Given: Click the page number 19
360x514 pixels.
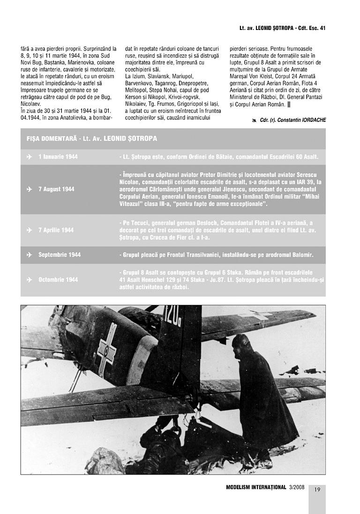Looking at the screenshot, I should coord(317,490).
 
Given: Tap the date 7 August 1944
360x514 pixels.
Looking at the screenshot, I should coord(56,189).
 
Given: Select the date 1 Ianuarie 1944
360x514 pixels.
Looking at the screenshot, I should coord(58,156).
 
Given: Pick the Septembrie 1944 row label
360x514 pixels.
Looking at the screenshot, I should coord(60,255).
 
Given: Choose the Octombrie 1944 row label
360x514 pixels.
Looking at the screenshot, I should coord(58,280).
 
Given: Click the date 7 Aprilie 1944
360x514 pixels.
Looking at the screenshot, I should coord(56,230).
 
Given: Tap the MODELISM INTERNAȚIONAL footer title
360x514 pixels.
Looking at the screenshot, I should coord(256,487).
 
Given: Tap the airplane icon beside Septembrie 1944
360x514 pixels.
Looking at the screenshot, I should coord(29,255).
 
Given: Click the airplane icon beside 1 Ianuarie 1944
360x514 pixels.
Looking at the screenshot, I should coord(29,156).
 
